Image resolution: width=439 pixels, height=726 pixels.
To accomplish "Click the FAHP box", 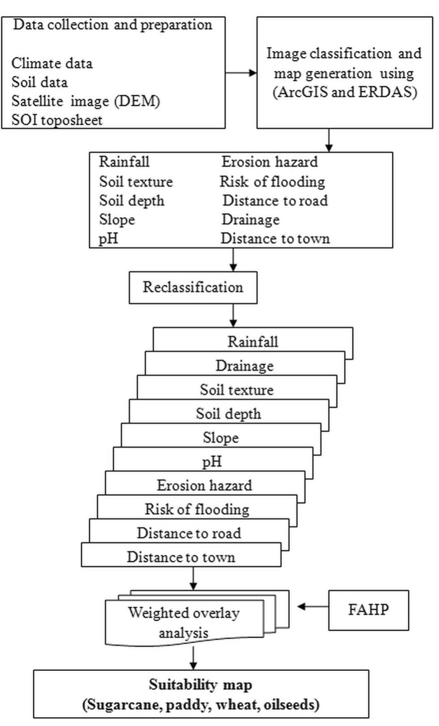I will coord(368,610).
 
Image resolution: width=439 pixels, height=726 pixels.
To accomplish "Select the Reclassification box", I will coord(193,287).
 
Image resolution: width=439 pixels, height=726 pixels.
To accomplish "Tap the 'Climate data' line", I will coord(52,64).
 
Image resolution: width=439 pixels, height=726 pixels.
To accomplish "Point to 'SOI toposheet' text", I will coord(57,120).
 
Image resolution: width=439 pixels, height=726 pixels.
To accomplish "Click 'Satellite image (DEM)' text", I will coord(86,101).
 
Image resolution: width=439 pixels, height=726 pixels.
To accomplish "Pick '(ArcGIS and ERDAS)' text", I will coord(344,92).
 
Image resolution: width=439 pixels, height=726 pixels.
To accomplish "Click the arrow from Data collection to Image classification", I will coord(241,73).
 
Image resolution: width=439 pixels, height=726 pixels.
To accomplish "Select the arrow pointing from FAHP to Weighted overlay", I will coord(313,606).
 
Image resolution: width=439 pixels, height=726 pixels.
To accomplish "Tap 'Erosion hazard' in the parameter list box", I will coord(270,162).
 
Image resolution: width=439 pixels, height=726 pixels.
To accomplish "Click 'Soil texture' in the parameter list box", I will coord(136,182).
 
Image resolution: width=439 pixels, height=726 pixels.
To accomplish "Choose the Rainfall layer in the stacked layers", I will coord(253,342).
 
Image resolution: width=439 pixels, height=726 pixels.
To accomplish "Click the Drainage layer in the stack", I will coord(245,366).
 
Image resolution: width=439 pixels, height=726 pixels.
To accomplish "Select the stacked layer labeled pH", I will coord(212,461).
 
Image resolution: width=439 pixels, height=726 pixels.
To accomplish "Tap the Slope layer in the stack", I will coord(220,438).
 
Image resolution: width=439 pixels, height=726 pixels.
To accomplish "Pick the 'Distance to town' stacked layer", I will coord(181,557).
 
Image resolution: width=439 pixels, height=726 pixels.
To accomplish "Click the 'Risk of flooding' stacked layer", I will coord(197,509).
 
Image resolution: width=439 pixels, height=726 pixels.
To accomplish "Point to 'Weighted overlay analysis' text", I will coord(184,623).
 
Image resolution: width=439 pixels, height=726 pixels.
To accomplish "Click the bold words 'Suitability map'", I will coord(200,685).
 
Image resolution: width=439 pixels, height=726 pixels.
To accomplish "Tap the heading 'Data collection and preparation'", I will coord(112,25).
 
